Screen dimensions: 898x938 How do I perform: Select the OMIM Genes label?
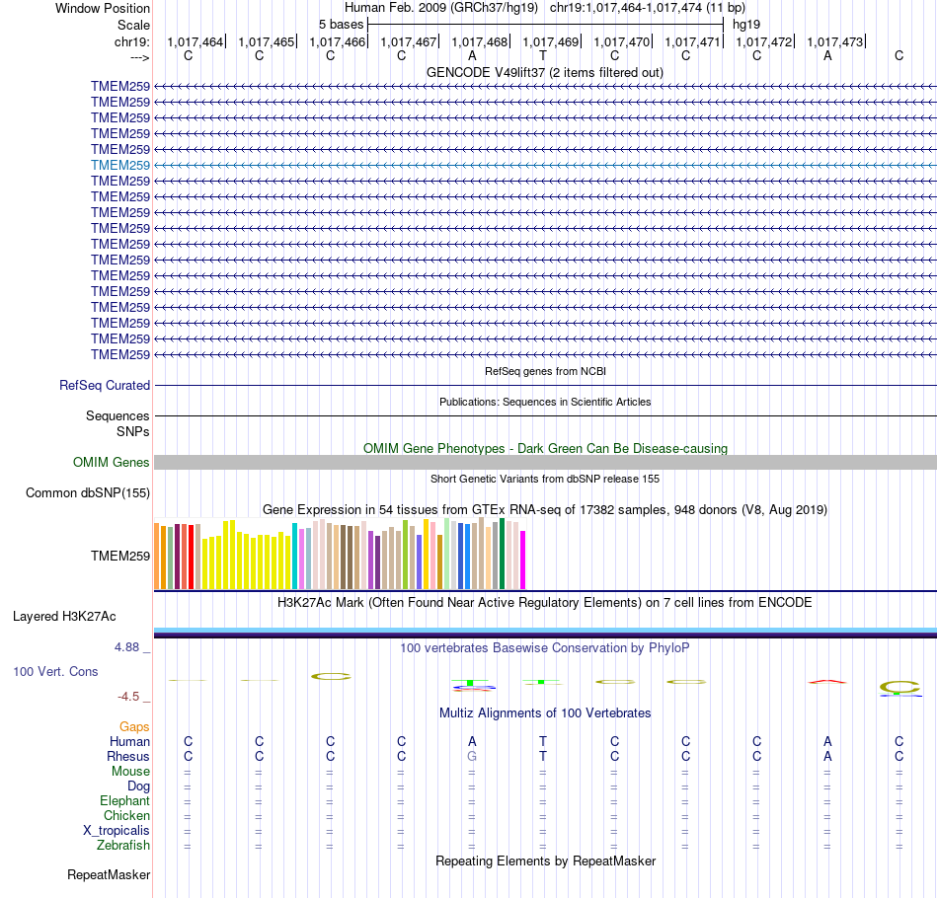(112, 463)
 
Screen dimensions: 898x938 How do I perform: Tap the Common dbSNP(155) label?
(88, 493)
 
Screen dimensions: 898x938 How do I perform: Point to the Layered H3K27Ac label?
(64, 617)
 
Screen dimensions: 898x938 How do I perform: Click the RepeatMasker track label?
(109, 875)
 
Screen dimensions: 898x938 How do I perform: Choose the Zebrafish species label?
(123, 846)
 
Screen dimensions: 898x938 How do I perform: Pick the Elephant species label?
(124, 801)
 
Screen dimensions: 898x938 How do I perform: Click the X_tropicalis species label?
(117, 831)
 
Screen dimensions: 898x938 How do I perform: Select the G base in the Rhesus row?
(472, 757)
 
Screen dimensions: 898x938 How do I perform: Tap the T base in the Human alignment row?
(543, 742)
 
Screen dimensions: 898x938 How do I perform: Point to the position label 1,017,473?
(834, 42)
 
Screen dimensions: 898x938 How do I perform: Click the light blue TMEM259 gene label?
(120, 165)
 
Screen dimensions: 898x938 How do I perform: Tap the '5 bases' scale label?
(341, 24)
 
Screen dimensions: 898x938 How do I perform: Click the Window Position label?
(103, 8)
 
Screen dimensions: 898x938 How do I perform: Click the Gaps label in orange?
(134, 727)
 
